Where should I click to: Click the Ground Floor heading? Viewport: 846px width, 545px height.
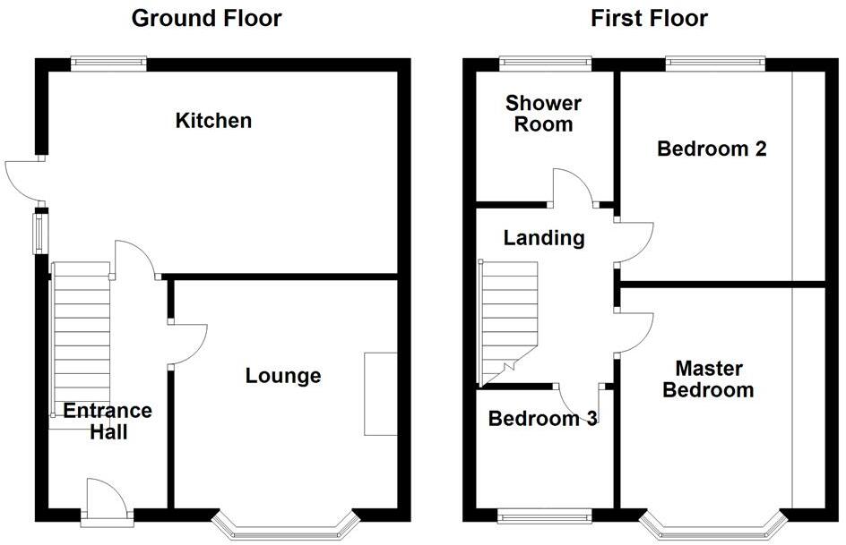206,18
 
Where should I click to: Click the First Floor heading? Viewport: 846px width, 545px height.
650,18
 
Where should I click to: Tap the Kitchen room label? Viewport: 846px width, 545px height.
213,120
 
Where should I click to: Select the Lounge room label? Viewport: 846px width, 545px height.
283,376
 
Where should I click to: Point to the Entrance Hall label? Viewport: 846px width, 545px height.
108,422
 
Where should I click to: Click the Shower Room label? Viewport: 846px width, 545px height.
543,114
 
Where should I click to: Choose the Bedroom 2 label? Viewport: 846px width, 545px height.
712,149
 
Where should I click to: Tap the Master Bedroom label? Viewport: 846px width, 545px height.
714,379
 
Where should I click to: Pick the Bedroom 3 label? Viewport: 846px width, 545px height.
543,418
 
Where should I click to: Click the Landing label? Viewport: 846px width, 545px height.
544,238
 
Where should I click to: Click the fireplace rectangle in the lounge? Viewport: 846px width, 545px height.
380,394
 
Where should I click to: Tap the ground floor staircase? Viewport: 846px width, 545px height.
82,340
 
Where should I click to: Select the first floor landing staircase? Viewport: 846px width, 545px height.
509,318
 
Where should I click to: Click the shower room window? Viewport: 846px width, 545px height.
545,63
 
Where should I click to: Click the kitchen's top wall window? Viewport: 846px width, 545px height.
108,63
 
